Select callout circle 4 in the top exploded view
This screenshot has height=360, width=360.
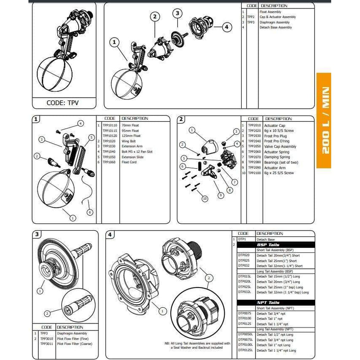[226, 27]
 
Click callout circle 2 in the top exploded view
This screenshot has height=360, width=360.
[155, 16]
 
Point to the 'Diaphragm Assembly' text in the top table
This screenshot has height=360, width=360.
[274, 22]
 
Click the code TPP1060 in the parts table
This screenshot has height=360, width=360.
[109, 162]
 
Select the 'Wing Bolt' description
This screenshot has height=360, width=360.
[128, 141]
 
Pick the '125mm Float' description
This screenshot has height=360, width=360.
[131, 136]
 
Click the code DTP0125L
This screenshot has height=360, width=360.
[245, 350]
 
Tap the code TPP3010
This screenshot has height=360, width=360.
[46, 339]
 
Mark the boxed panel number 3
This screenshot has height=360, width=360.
[37, 234]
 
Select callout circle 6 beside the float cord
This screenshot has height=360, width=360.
[90, 212]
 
